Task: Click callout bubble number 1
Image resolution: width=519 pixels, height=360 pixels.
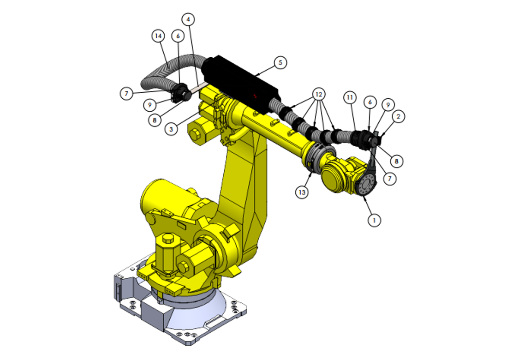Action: [374, 221]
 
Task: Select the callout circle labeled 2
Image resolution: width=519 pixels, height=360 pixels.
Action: [398, 117]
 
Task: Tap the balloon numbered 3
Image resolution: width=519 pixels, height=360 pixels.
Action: [171, 129]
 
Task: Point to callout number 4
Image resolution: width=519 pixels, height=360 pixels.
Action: [188, 19]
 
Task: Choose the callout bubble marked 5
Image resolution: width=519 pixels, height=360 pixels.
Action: [280, 62]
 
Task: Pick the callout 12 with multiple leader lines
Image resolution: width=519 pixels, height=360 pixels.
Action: [317, 94]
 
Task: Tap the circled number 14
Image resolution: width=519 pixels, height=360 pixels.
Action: [158, 36]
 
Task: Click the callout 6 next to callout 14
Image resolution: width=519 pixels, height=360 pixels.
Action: [178, 36]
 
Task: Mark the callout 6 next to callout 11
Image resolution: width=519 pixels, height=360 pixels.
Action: [370, 102]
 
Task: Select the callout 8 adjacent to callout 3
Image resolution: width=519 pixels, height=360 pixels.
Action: [155, 120]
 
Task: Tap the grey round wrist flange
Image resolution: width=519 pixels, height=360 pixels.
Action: [366, 186]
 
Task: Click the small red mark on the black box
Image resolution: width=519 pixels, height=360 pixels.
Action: [254, 96]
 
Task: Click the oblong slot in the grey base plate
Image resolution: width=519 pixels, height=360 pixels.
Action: [214, 321]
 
